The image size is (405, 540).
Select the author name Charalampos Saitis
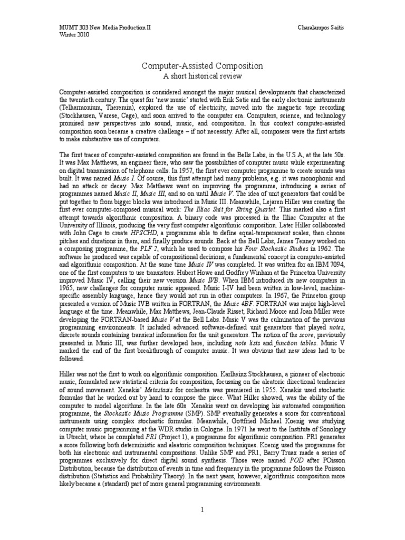click(x=323, y=25)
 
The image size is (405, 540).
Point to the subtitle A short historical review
click(x=202, y=76)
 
